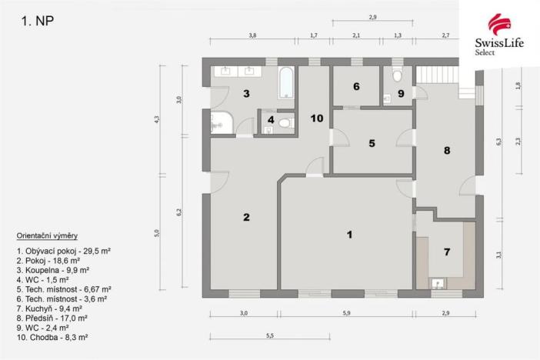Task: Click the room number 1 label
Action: [349, 235]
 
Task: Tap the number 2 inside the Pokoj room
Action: [246, 217]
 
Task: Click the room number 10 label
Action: [316, 118]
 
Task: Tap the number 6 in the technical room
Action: [356, 87]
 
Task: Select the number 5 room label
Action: [371, 143]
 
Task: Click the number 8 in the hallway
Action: [446, 151]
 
